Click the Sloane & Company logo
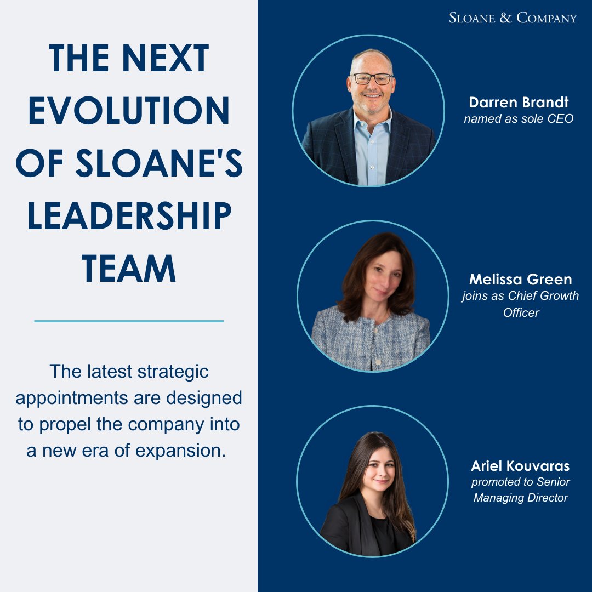(x=513, y=18)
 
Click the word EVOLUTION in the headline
(x=129, y=111)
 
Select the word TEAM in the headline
(x=129, y=269)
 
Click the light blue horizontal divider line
(x=129, y=321)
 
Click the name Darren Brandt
(x=519, y=103)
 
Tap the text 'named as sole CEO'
(x=519, y=118)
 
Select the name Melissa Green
(x=520, y=280)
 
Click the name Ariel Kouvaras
(x=520, y=466)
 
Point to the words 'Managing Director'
(x=520, y=498)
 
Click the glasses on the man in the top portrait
(x=372, y=78)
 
